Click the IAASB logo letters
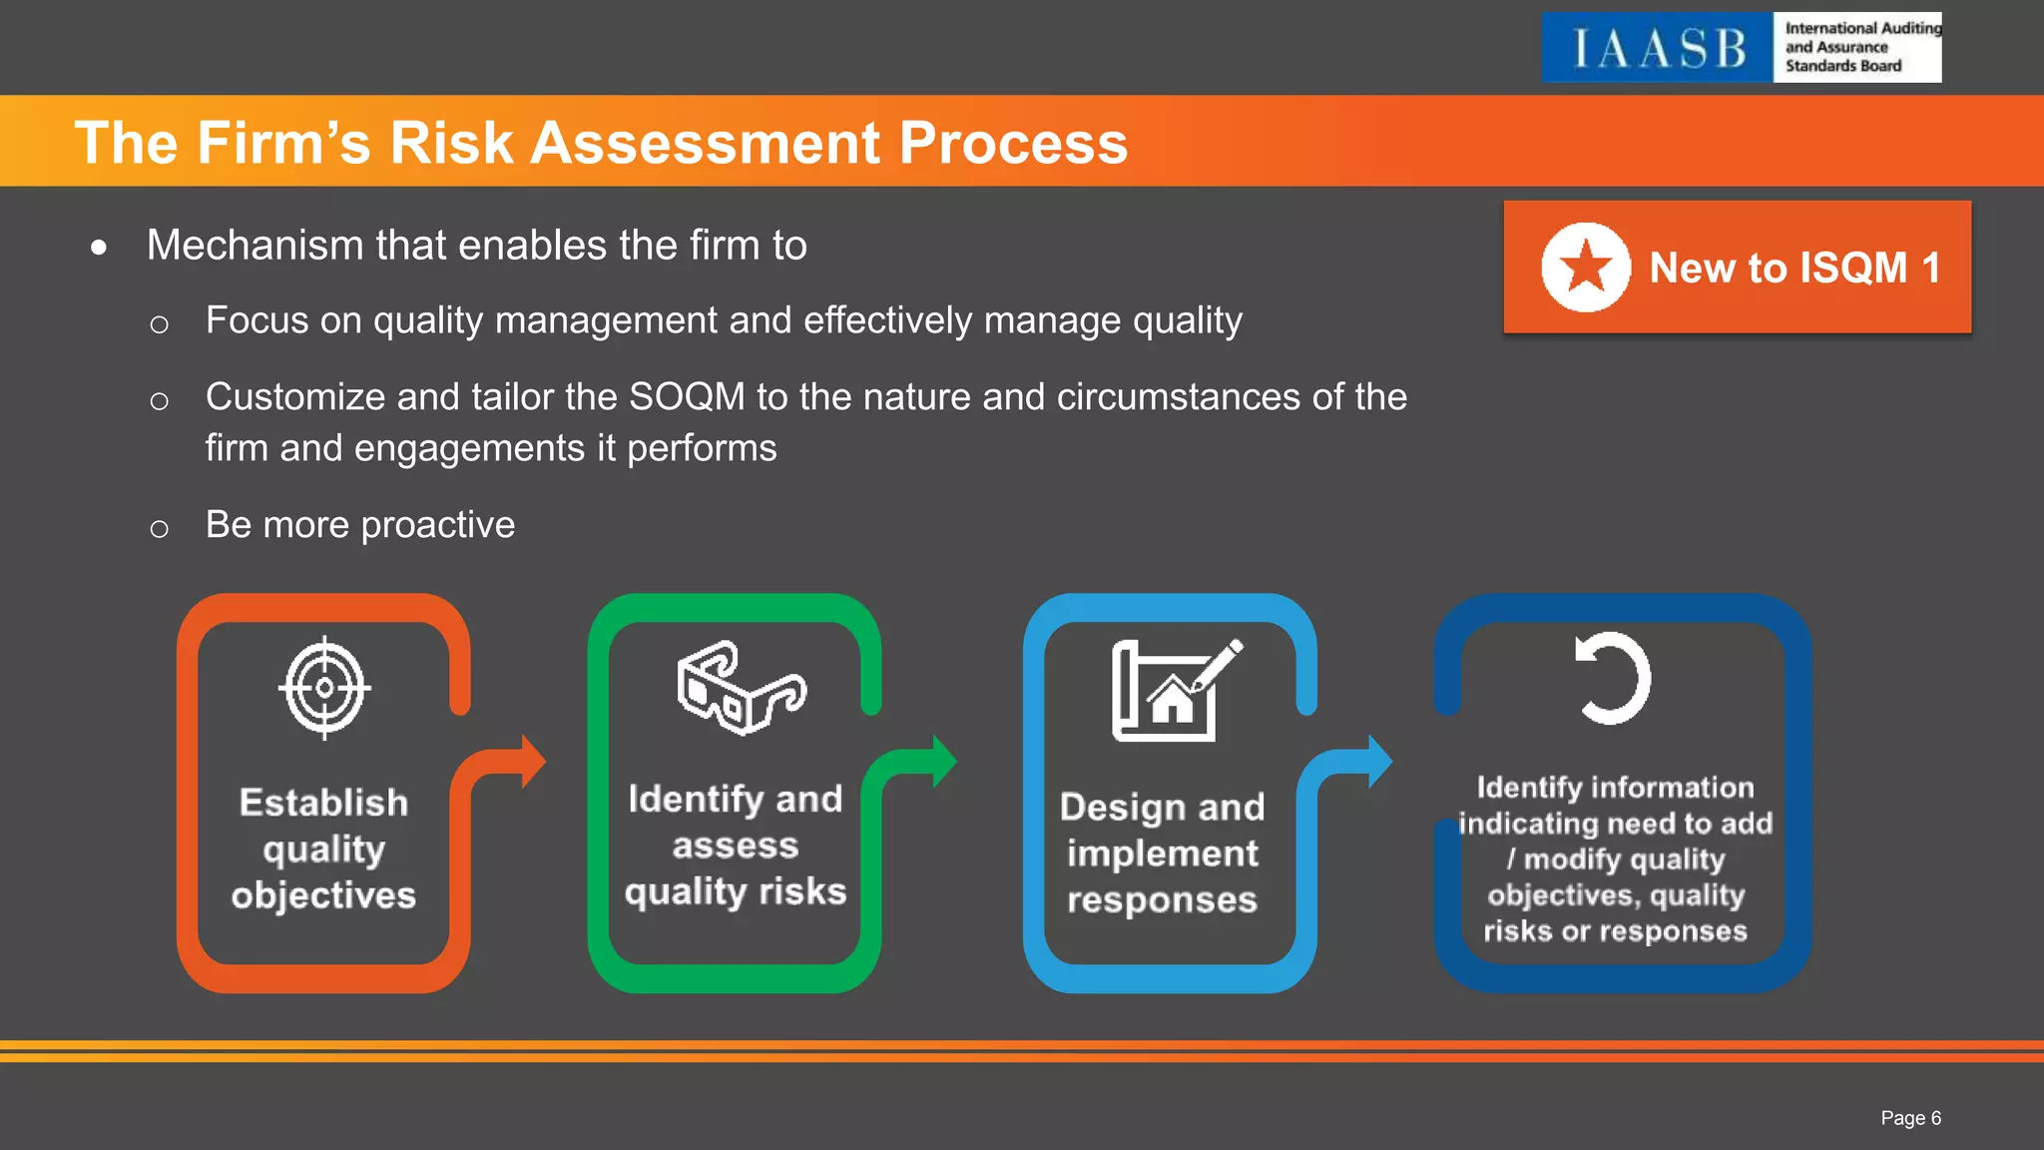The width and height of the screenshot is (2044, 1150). (x=1658, y=48)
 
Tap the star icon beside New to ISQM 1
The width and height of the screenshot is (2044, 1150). (x=1586, y=268)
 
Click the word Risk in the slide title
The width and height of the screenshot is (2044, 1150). (x=450, y=142)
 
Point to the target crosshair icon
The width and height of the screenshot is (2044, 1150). (x=324, y=688)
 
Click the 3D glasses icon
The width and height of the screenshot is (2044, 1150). (x=741, y=688)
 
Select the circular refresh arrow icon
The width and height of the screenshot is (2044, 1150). (x=1612, y=679)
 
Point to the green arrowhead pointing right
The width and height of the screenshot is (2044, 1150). (x=944, y=762)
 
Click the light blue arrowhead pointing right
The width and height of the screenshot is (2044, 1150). (x=1379, y=762)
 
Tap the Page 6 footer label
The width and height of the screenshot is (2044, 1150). (x=1910, y=1118)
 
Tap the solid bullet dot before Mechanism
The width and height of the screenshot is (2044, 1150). (x=99, y=247)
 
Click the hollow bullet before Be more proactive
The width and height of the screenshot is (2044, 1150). (x=159, y=528)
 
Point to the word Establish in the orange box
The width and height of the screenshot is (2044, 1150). (x=323, y=803)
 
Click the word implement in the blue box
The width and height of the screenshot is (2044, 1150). (x=1162, y=854)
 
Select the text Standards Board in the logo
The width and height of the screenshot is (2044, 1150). (x=1842, y=66)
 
